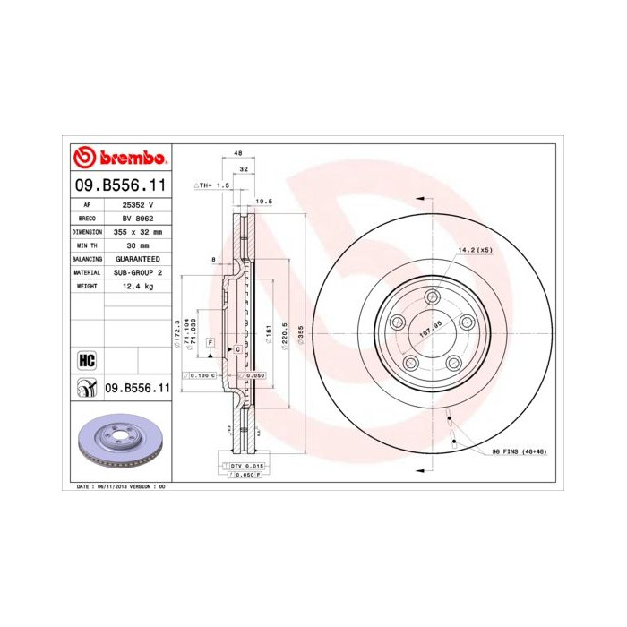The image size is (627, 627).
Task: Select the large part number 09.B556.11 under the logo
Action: (119, 185)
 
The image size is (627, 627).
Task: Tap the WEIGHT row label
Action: (87, 285)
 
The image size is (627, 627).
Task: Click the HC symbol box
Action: (87, 359)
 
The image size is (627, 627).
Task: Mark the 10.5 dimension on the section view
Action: (263, 202)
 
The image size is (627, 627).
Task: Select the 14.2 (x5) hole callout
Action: (476, 249)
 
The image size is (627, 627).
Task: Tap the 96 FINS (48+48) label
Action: (519, 451)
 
